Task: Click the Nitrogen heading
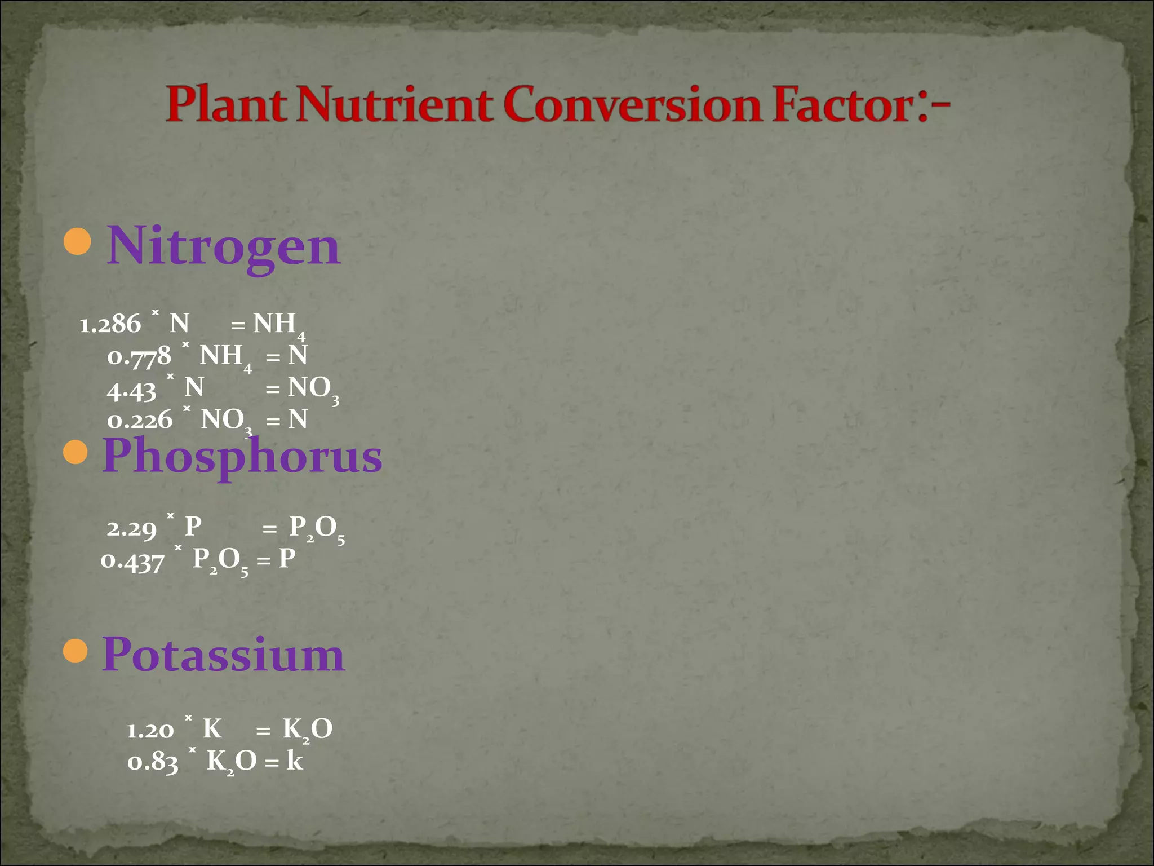tap(224, 246)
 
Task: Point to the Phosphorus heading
tap(242, 456)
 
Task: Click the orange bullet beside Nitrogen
tap(77, 242)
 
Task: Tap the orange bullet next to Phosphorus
tap(76, 452)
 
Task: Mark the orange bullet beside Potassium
tap(76, 651)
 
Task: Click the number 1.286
tap(110, 325)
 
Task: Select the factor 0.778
tap(139, 357)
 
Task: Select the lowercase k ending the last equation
tap(294, 761)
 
